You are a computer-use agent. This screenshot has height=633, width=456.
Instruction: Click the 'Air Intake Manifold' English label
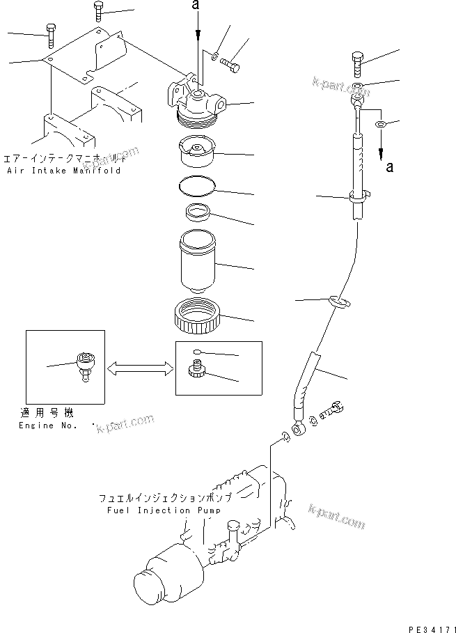click(63, 171)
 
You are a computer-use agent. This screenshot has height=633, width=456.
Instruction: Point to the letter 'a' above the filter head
click(198, 6)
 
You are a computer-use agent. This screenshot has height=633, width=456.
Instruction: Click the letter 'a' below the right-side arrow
click(388, 167)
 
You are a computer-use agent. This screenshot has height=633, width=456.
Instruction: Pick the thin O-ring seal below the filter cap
click(197, 186)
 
